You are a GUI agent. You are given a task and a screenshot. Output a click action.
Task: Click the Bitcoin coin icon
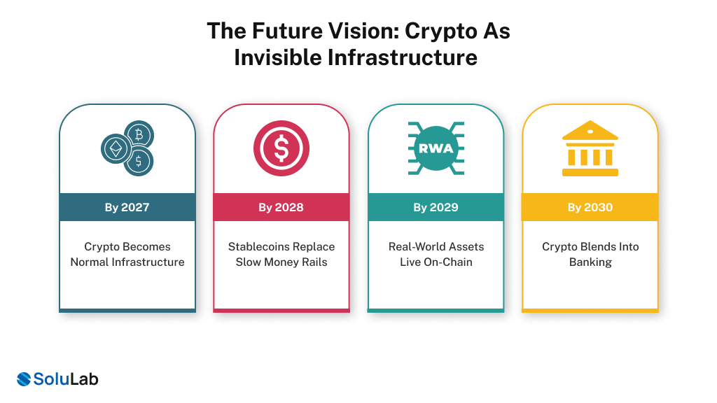(139, 134)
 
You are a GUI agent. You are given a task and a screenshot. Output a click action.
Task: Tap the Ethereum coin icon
(114, 148)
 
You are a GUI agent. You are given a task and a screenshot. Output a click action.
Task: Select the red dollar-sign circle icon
(281, 148)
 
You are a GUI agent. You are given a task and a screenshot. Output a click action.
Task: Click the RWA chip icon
(436, 148)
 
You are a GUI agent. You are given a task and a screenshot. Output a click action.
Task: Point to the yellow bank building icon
(590, 148)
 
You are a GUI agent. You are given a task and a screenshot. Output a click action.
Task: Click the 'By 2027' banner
(127, 207)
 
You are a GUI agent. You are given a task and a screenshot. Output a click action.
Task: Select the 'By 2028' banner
(281, 207)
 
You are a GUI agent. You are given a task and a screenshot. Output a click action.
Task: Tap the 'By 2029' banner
(436, 207)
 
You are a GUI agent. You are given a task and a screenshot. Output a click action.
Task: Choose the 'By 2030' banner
(590, 207)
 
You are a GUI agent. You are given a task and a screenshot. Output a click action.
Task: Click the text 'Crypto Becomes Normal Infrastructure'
(127, 255)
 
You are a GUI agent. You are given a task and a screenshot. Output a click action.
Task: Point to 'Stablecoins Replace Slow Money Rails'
(281, 255)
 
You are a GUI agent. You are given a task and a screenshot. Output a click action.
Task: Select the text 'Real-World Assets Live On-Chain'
(436, 255)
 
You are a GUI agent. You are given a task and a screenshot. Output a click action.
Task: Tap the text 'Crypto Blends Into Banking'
(590, 255)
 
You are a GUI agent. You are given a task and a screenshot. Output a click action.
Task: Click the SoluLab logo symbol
(25, 379)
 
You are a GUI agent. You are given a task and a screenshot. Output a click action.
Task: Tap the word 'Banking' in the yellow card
(590, 262)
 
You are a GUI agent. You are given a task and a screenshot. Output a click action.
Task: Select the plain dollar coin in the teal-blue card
(139, 162)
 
